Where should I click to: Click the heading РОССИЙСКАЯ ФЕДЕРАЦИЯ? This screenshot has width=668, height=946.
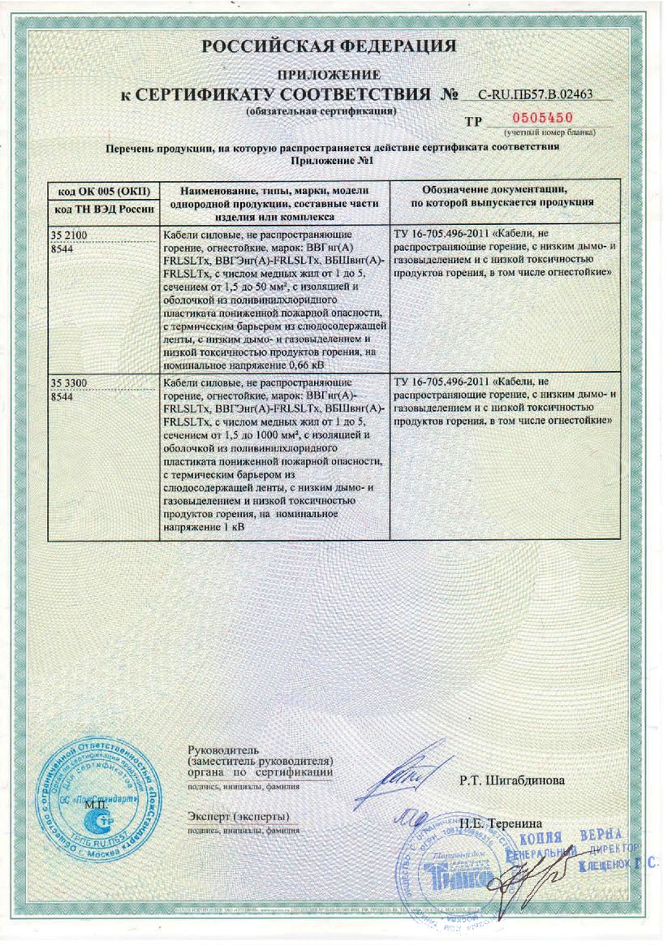point(329,45)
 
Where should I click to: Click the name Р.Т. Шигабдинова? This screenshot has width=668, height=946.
point(511,780)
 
